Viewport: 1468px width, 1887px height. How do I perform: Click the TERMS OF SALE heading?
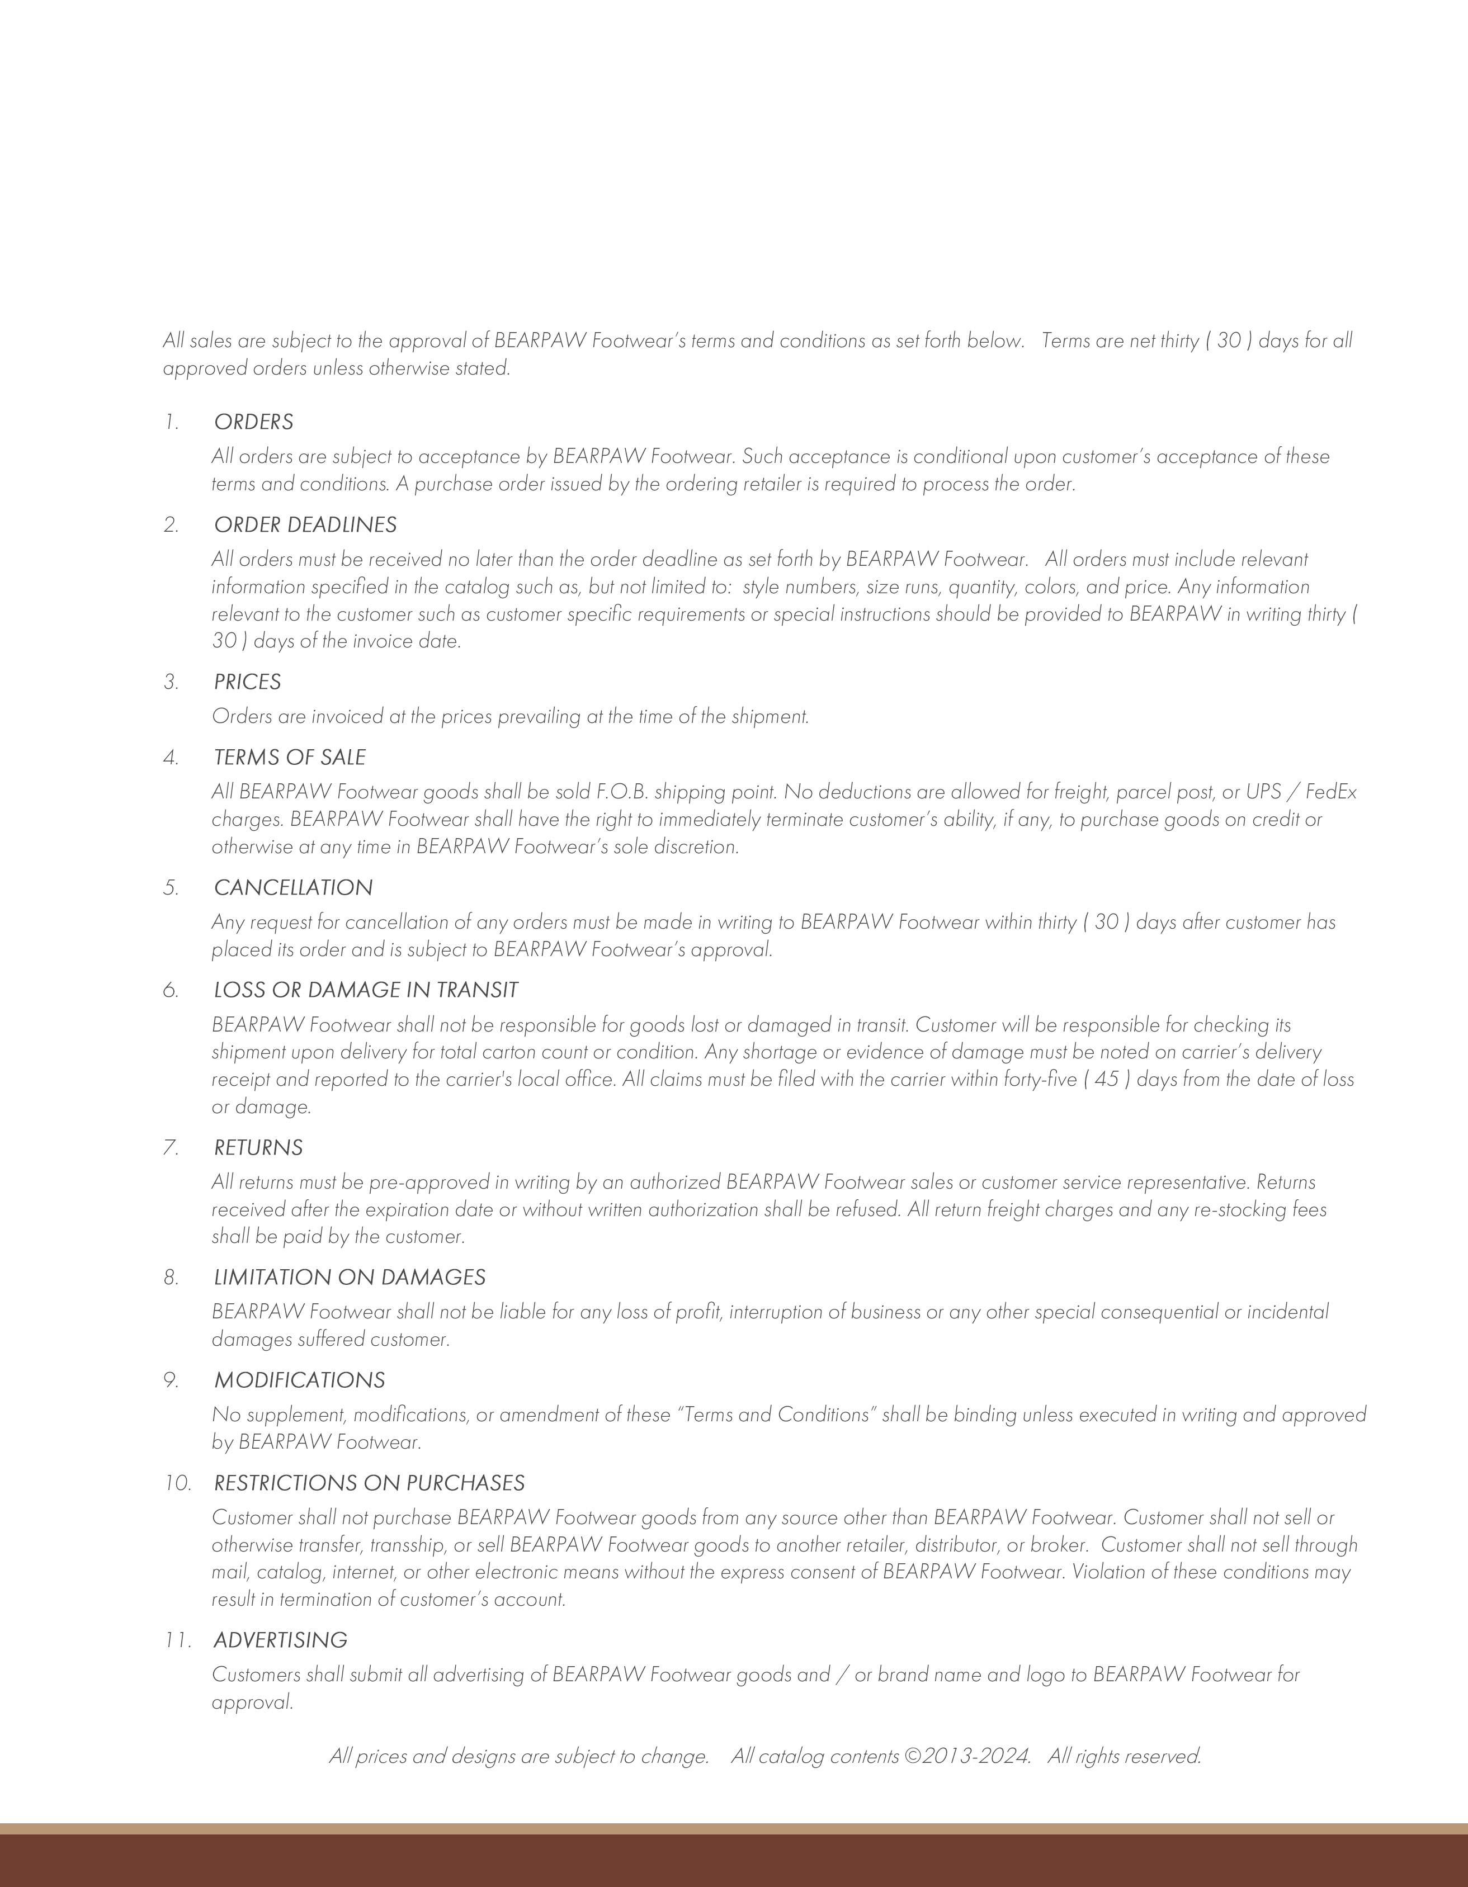point(290,757)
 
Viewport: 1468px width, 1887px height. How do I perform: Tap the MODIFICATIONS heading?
point(299,1380)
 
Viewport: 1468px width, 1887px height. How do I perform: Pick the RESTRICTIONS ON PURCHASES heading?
point(369,1483)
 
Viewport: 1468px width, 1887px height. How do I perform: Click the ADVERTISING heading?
point(280,1640)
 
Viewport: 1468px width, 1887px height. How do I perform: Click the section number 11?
point(176,1640)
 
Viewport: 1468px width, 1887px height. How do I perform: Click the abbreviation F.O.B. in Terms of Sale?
point(622,792)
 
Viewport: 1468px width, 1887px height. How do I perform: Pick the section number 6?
point(170,990)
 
